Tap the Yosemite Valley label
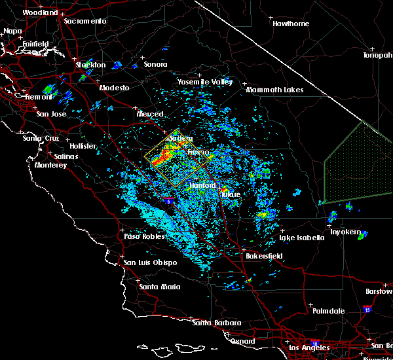205,82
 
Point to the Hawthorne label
291,24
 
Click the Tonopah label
378,56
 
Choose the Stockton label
90,65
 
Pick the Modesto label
114,88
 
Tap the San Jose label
52,114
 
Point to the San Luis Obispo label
150,263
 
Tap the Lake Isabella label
301,238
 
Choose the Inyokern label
345,232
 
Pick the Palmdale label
327,311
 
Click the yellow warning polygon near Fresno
178,157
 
